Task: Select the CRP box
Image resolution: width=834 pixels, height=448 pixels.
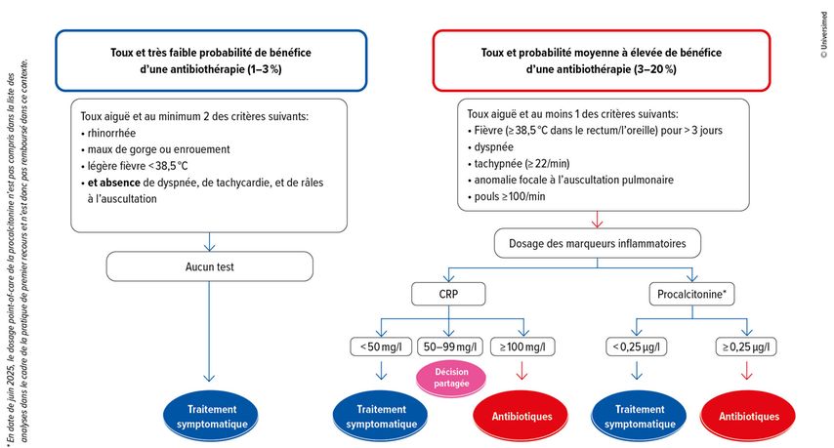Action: click(448, 293)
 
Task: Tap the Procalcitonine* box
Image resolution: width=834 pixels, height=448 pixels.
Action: click(691, 293)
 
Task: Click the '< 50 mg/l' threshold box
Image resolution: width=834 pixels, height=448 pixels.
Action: click(379, 346)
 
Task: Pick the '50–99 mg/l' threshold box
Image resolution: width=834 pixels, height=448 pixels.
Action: click(448, 346)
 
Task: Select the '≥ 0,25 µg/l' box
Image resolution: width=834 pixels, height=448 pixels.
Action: click(749, 346)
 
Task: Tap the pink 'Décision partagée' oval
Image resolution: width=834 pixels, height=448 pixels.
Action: click(449, 378)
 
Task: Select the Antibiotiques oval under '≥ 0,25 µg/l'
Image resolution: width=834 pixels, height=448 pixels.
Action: click(749, 416)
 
